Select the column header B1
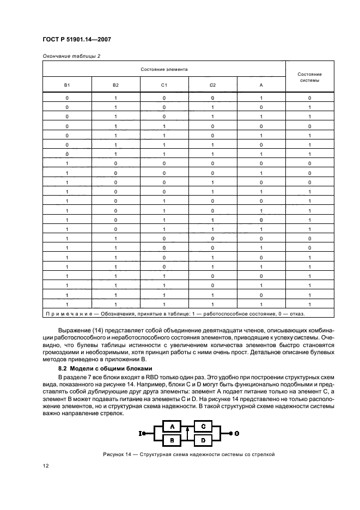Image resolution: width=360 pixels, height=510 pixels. pyautogui.click(x=67, y=86)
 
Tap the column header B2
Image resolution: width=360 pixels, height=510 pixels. pyautogui.click(x=115, y=86)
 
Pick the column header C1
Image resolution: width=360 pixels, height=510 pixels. pyautogui.click(x=164, y=86)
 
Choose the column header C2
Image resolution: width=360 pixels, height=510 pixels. pyautogui.click(x=212, y=86)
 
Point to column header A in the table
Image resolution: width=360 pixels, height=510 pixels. pyautogui.click(x=261, y=86)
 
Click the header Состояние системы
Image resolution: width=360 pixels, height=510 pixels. pyautogui.click(x=309, y=77)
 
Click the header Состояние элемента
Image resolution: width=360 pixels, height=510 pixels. pyautogui.click(x=164, y=69)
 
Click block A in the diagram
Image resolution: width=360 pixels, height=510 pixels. pyautogui.click(x=172, y=426)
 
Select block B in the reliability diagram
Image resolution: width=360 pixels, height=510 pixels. pyautogui.click(x=172, y=439)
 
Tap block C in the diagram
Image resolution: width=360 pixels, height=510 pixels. pyautogui.click(x=203, y=426)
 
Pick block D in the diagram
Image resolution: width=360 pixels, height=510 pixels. pyautogui.click(x=203, y=439)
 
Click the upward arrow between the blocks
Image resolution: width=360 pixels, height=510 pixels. pyautogui.click(x=187, y=432)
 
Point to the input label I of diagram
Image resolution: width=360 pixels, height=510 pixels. pyautogui.click(x=141, y=433)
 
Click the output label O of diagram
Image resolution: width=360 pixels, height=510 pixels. pyautogui.click(x=236, y=433)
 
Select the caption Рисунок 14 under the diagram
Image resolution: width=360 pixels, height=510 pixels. pyautogui.click(x=180, y=454)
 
